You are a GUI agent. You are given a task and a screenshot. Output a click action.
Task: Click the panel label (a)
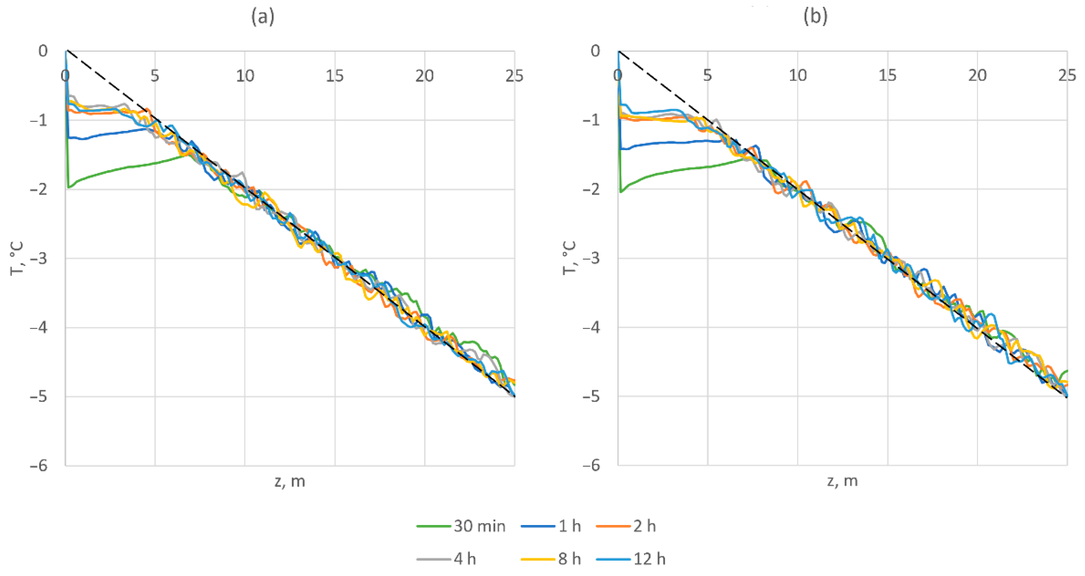point(263,17)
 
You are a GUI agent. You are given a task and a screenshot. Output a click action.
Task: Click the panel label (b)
point(816,17)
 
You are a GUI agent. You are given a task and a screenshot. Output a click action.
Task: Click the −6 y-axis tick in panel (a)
point(39,466)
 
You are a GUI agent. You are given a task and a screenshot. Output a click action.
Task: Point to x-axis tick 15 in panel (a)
point(335,76)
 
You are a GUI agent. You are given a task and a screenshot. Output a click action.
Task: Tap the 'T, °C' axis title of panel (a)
point(16,258)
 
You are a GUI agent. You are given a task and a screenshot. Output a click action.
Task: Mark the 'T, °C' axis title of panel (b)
point(569,258)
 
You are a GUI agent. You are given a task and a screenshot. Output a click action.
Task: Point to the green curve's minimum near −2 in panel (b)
point(621,192)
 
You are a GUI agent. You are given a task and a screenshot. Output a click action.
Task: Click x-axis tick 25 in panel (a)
point(514,76)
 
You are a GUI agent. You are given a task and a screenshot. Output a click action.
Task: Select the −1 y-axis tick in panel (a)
point(39,120)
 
